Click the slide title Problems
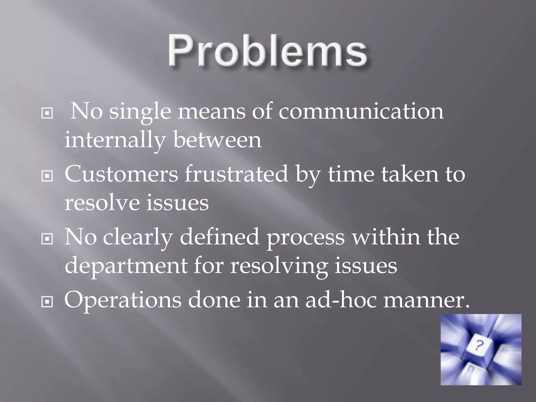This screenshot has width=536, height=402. [x=267, y=52]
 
